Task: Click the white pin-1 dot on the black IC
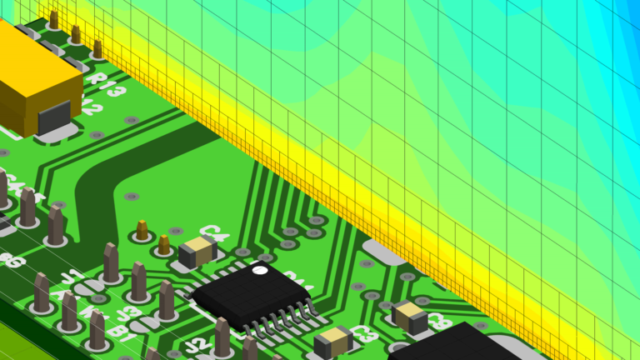(x=260, y=271)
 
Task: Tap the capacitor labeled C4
(x=197, y=250)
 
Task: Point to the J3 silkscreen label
(x=128, y=313)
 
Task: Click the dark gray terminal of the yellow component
(x=54, y=117)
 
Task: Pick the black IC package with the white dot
(x=250, y=296)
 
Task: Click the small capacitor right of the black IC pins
(x=410, y=316)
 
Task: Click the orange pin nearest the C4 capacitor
(x=164, y=244)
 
